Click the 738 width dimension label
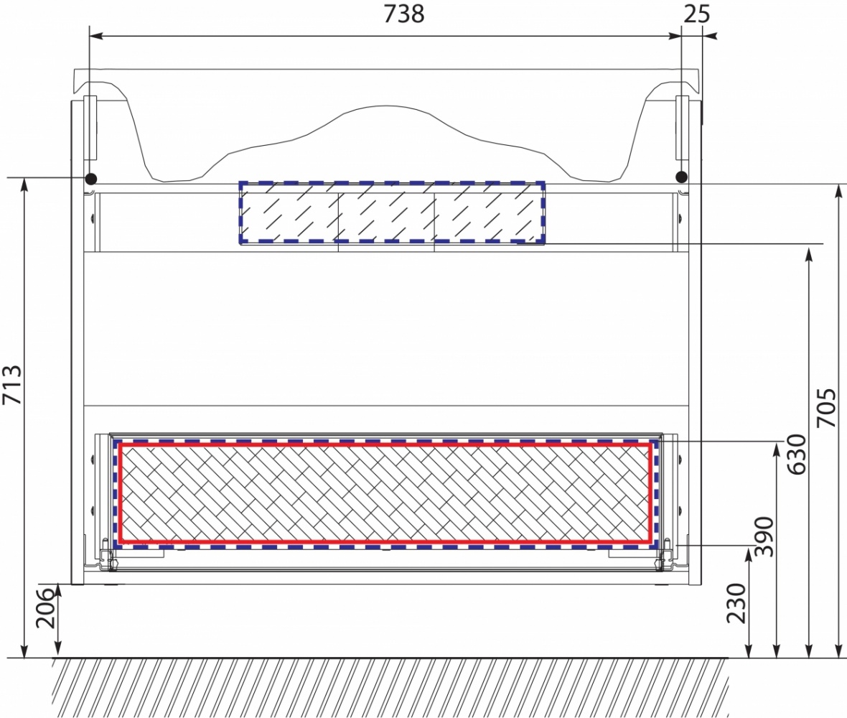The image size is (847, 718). click(404, 14)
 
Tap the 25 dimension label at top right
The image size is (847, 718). click(696, 14)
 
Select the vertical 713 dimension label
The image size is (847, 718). click(13, 385)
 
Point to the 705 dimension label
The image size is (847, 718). click(826, 407)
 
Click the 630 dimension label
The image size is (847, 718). click(796, 454)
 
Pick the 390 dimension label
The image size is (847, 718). click(764, 536)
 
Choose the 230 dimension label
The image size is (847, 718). click(736, 603)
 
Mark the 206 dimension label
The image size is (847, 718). click(45, 608)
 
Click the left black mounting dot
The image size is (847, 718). click(90, 178)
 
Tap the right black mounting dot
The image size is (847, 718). click(682, 176)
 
